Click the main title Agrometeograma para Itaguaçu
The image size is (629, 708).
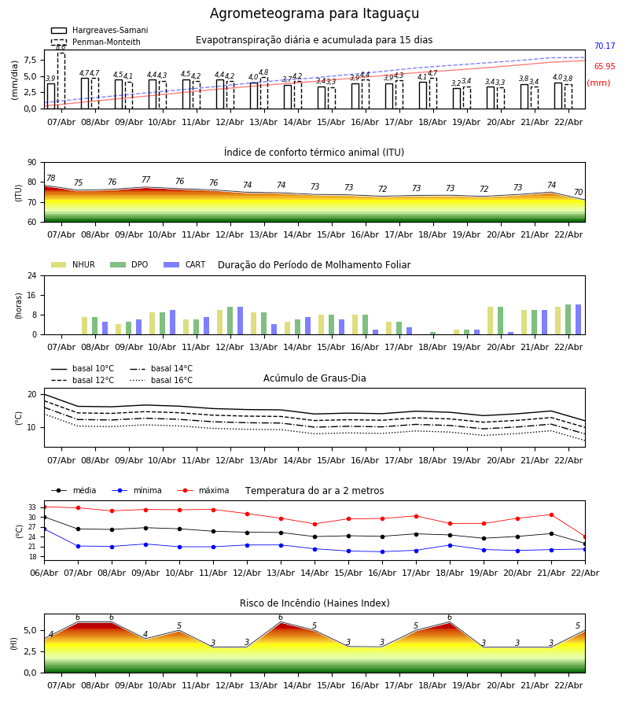pos(314,14)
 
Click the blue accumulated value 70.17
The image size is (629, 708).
pos(605,46)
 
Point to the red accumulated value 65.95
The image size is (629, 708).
pos(605,67)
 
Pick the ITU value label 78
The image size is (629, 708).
pos(51,179)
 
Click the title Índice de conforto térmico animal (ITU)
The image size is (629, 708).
pos(314,153)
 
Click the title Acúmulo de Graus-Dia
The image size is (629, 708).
pos(314,378)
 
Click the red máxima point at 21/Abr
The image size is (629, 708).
pos(551,514)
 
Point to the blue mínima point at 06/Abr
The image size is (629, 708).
pos(44,529)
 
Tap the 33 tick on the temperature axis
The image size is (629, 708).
pos(33,507)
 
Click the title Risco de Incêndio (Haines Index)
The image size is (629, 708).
pos(314,603)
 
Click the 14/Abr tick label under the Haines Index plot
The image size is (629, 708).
pos(298,685)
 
